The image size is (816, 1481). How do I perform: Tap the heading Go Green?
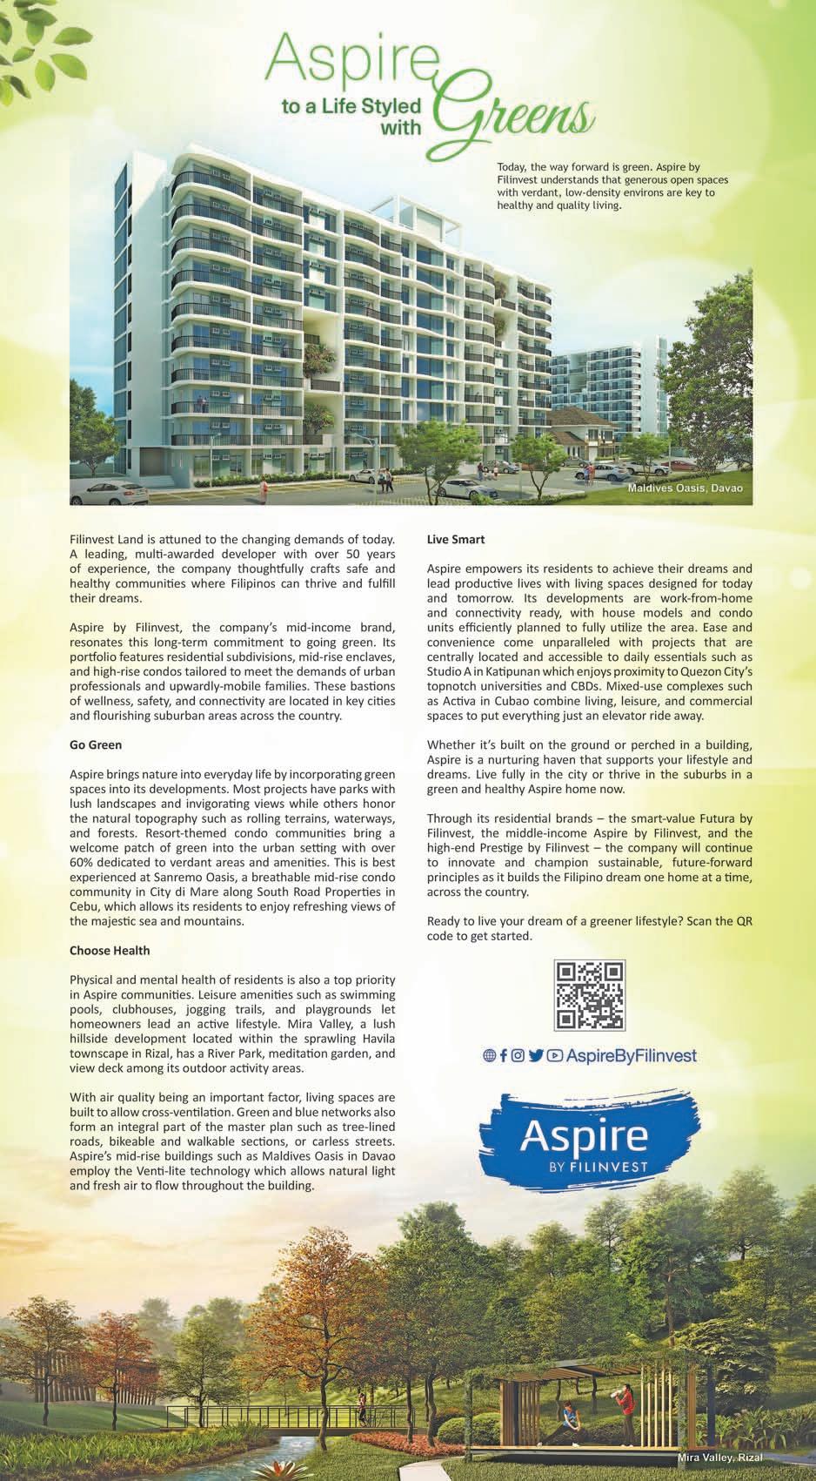tap(96, 745)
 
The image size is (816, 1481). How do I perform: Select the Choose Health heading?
tap(110, 950)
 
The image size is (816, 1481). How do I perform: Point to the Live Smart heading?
tap(456, 540)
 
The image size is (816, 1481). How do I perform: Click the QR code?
tap(590, 995)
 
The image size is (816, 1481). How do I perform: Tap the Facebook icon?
tap(504, 1056)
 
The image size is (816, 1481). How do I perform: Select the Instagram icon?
tap(518, 1056)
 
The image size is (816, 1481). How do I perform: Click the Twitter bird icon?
tap(536, 1056)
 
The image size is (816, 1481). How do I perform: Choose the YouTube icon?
tap(554, 1056)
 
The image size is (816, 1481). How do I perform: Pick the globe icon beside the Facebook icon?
tap(489, 1056)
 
